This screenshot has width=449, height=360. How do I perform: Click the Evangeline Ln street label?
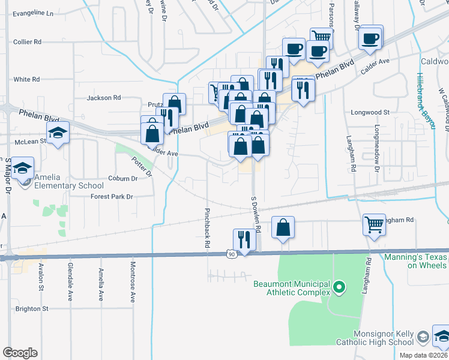(33, 13)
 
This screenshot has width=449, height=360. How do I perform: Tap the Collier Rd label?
(27, 42)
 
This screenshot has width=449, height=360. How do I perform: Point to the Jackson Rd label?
(104, 98)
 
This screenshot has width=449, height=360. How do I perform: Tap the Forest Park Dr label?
(112, 196)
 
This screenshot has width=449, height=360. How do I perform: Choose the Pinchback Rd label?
(206, 228)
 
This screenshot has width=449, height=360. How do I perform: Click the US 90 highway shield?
(232, 254)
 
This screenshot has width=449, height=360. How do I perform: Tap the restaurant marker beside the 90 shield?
(244, 239)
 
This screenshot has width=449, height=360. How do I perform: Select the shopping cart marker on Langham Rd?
(374, 226)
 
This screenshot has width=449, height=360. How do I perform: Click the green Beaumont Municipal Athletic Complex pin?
(339, 289)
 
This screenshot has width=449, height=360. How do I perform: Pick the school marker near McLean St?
(58, 133)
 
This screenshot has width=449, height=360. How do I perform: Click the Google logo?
(20, 352)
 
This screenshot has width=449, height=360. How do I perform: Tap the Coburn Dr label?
(123, 178)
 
